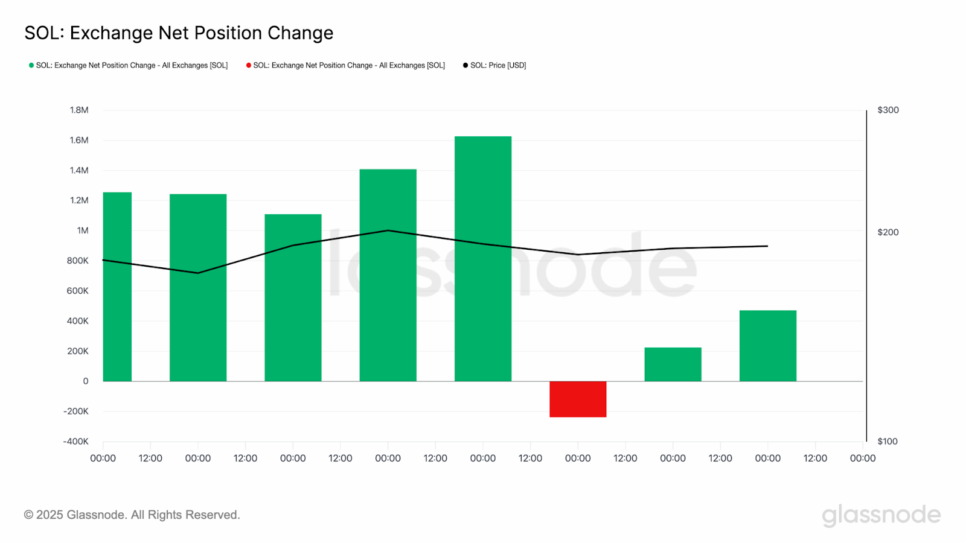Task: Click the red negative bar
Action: [x=578, y=399]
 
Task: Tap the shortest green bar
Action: [x=673, y=364]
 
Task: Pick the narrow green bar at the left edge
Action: [x=117, y=287]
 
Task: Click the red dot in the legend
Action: [x=249, y=65]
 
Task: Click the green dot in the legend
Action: [x=31, y=65]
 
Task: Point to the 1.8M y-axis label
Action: [x=79, y=110]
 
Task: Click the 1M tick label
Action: [x=83, y=230]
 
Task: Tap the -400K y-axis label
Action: [x=76, y=442]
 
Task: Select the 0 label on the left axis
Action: [x=86, y=381]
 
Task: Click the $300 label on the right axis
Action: [x=888, y=110]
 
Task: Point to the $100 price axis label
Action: [x=888, y=442]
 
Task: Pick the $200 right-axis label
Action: [x=888, y=232]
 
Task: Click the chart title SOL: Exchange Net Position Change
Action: [x=179, y=33]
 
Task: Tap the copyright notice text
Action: [x=132, y=515]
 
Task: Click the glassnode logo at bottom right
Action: [x=881, y=515]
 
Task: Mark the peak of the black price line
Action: [x=388, y=230]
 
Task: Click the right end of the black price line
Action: [x=767, y=246]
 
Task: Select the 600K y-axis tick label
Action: [x=78, y=291]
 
